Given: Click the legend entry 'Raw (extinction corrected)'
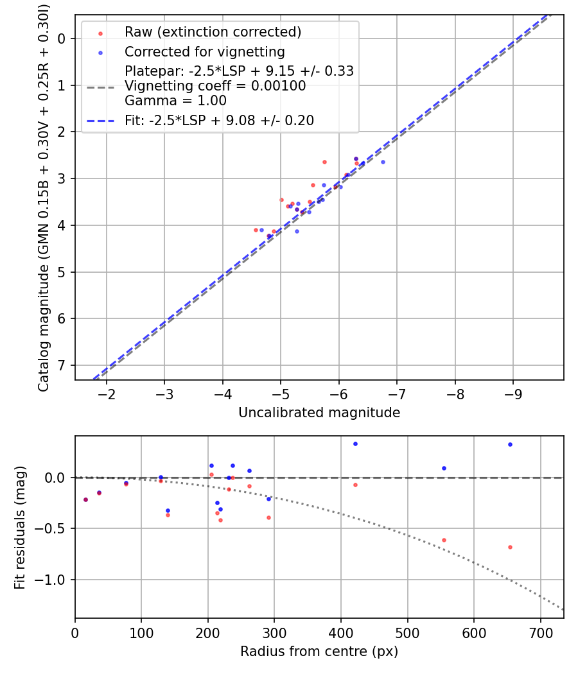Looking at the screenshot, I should point(213,32).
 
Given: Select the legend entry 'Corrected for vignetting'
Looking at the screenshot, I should point(204,51).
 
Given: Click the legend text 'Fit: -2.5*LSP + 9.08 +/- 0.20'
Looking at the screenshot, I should point(219,121).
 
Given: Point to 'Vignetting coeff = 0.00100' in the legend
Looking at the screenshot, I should point(215,86).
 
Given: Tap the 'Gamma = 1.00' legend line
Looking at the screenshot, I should point(175,101).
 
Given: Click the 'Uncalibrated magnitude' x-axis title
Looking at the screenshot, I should point(319,413).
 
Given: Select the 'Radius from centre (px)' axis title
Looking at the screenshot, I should point(319,652).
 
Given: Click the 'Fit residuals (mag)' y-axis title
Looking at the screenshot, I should point(20,528).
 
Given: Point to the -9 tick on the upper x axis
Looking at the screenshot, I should point(513,393).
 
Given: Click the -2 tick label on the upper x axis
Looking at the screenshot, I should point(107,393).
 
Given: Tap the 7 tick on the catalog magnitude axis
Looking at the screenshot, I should point(62,365).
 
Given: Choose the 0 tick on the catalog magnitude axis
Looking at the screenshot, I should point(62,39).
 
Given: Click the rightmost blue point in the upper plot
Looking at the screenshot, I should point(383,162).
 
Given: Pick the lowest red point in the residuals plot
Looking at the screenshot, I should point(510,547).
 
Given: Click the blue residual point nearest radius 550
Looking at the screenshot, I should point(444,468).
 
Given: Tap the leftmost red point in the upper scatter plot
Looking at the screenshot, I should point(256,230).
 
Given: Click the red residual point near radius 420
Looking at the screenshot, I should point(355,485).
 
